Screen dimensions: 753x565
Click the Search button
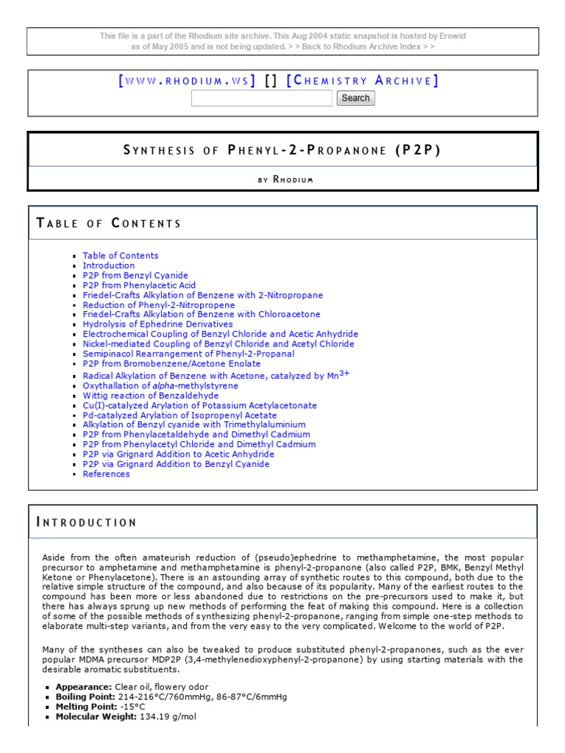(355, 98)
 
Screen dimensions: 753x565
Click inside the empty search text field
(261, 98)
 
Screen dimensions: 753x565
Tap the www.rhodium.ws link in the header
(187, 81)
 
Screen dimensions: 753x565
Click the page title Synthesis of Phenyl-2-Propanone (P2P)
(282, 150)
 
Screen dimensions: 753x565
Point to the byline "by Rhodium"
(282, 179)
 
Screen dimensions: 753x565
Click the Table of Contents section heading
(109, 223)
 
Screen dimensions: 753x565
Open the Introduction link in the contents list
(109, 265)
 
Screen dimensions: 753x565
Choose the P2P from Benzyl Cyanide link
(135, 276)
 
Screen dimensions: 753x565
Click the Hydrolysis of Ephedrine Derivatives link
(157, 324)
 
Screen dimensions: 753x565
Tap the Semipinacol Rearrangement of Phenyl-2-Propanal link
(188, 354)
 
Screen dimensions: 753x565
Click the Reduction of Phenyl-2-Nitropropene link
(159, 305)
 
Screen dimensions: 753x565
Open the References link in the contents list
(106, 474)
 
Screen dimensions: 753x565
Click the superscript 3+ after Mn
(344, 373)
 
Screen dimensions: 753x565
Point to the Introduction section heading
(87, 523)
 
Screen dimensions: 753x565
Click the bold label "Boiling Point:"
(85, 696)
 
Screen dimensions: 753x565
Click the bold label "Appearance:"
(84, 686)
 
